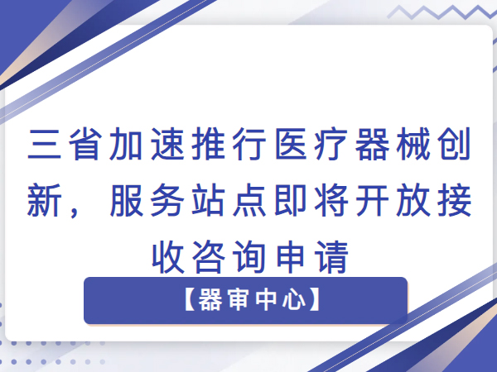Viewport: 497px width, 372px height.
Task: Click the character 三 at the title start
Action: point(45,144)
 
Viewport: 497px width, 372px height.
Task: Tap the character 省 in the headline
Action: point(85,144)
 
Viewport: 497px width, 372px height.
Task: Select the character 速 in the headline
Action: point(167,144)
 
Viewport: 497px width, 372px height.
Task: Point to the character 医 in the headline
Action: point(291,144)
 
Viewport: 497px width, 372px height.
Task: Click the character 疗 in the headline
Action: point(331,144)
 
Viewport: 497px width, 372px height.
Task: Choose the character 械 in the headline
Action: point(413,144)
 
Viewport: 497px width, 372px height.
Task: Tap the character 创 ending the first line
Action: point(455,144)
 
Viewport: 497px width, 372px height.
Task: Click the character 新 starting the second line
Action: point(45,200)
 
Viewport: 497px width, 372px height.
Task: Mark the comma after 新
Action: point(75,212)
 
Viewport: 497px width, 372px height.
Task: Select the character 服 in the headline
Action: point(127,200)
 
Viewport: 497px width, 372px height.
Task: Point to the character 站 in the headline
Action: point(209,200)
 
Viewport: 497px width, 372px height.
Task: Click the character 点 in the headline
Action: point(249,200)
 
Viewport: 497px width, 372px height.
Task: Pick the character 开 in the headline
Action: point(373,200)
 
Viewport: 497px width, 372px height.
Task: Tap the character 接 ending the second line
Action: point(455,200)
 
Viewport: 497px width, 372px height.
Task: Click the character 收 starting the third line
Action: point(168,256)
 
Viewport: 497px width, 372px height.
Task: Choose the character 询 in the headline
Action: point(249,256)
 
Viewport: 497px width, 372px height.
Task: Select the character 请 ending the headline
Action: point(331,256)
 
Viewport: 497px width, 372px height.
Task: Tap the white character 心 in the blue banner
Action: point(294,299)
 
